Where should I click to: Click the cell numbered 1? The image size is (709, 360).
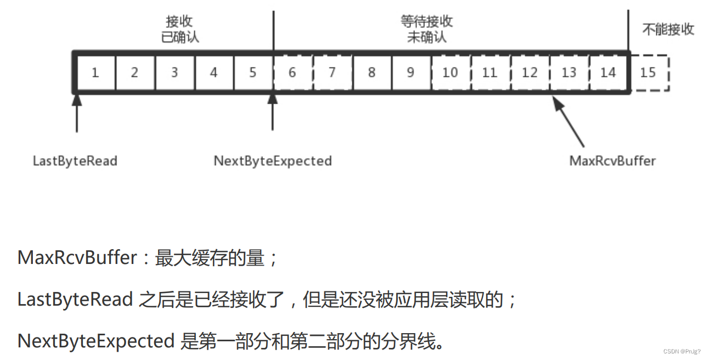95,72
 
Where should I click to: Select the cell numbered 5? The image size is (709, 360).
253,72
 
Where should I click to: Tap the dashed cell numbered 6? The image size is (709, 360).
292,72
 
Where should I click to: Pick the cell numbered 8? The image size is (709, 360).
372,72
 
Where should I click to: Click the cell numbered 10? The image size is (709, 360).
450,72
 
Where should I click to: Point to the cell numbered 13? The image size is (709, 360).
569,72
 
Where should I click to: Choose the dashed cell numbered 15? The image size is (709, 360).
648,72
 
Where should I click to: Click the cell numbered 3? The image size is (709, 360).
175,72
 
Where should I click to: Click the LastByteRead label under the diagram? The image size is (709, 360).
75,161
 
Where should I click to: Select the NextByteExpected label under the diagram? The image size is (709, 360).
273,161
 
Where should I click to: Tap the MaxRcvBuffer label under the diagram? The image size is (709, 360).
612,161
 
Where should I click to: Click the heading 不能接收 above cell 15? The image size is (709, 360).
668,30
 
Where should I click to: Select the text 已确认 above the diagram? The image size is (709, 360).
179,37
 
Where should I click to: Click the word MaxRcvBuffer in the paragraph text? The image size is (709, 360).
77,258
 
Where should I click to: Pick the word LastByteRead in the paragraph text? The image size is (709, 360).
75,300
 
